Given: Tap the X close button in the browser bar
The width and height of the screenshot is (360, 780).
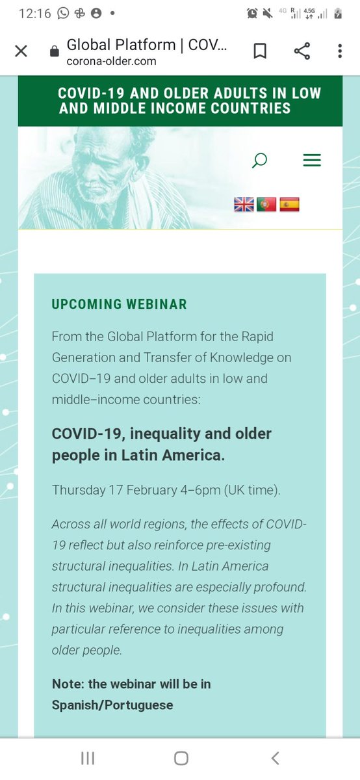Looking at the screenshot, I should (21, 51).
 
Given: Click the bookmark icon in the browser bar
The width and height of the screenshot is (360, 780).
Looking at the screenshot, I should (260, 51).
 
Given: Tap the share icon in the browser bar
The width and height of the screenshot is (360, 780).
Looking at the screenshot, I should (302, 51).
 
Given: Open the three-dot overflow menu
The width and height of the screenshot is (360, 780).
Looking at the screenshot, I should (340, 51).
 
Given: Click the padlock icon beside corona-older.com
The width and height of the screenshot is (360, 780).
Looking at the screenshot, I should (55, 52).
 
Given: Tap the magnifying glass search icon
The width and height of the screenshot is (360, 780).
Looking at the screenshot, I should (259, 160).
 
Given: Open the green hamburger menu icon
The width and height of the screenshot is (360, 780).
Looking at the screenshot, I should (312, 160).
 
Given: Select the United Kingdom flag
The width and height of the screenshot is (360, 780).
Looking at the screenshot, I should (244, 205).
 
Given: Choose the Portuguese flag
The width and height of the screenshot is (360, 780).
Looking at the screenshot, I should (266, 205).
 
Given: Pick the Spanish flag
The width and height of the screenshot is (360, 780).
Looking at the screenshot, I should (289, 205).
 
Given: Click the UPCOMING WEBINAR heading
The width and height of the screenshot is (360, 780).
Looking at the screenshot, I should (119, 304).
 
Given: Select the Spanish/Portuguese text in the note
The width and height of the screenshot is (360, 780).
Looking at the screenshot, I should (112, 705).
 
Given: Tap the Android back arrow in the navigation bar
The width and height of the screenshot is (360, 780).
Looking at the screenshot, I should (275, 758).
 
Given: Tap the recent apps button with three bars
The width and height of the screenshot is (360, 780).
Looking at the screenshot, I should (88, 758).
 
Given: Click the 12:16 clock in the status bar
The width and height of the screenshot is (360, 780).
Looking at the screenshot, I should (35, 13).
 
